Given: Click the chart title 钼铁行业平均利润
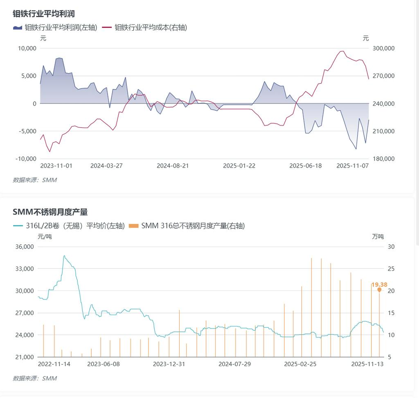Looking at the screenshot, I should point(44,14).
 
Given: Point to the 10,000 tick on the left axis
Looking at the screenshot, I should point(27,48).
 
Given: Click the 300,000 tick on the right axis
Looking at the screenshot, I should point(384,48).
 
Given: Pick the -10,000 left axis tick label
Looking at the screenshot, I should point(26,159).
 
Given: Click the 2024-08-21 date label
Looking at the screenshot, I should point(173,166).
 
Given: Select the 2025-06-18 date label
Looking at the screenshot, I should point(305,166).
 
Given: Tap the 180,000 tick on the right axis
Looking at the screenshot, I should point(384,159).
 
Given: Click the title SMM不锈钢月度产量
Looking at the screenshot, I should point(50,212).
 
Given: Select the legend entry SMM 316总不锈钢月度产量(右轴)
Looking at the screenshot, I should point(193,226).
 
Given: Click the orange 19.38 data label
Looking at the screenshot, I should point(379,284).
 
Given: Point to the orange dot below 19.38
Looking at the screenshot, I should point(379,290).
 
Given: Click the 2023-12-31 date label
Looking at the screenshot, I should point(169,364).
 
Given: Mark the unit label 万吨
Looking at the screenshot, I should point(378,237).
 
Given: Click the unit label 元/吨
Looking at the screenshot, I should point(45,237).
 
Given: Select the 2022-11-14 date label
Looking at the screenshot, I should point(54,364).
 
